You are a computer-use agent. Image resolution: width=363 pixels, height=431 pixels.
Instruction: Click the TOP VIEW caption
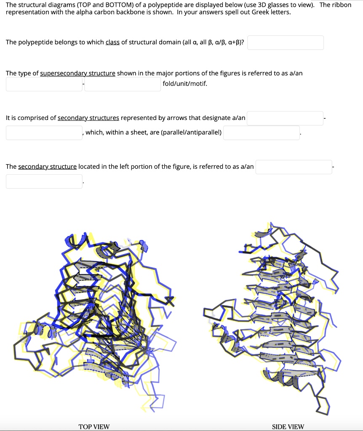coord(94,427)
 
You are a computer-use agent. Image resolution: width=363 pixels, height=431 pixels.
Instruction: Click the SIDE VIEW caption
coord(288,427)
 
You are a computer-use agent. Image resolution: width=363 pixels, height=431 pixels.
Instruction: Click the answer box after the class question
coord(285,43)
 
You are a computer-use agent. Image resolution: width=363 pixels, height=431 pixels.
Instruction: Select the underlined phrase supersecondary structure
coord(77,73)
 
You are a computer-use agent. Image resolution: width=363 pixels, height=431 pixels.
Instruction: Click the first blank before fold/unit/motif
coord(44,84)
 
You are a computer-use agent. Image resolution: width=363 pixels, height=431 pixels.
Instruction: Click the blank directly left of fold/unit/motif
coord(123,84)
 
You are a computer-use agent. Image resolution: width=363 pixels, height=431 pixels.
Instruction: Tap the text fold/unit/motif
coord(185,84)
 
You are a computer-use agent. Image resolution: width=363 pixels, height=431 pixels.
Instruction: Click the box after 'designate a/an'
coord(285,118)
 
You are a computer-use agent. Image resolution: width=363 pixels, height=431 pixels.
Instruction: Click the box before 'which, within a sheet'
coord(44,133)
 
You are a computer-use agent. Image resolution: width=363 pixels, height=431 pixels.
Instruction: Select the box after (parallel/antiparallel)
coord(261,133)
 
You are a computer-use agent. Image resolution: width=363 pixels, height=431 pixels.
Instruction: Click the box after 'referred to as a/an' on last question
coord(294,167)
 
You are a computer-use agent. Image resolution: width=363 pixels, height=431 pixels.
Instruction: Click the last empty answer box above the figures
coord(44,181)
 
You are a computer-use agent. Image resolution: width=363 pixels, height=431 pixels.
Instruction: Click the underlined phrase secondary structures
coord(88,118)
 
